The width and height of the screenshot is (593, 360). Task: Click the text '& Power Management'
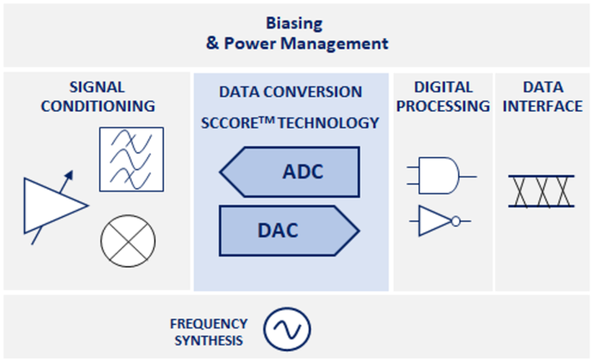tap(296, 43)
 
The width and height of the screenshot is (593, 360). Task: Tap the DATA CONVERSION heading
tap(290, 92)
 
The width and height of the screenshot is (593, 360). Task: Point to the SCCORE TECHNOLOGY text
tap(290, 123)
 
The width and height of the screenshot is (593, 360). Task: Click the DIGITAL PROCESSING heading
tap(441, 97)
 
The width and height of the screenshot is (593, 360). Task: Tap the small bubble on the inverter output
tap(456, 222)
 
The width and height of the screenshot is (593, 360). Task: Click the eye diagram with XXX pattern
tap(541, 191)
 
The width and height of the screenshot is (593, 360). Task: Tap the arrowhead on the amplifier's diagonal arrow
tap(70, 176)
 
